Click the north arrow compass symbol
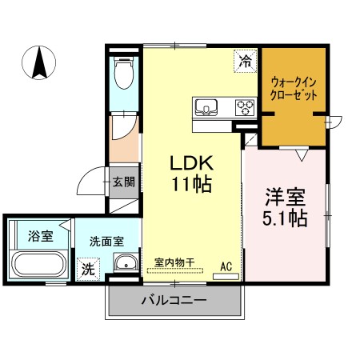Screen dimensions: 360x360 click(x=39, y=63)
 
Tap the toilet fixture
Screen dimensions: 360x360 click(x=123, y=73)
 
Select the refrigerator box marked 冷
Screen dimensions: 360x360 click(x=245, y=61)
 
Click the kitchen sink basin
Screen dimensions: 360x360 click(x=206, y=107)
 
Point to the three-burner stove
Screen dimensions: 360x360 click(x=246, y=107)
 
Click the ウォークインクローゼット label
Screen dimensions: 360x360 click(x=294, y=89)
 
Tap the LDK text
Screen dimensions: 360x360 click(x=192, y=163)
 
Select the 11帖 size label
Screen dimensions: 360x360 click(x=192, y=184)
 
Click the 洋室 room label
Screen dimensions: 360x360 click(x=285, y=197)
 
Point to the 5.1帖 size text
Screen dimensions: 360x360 click(x=285, y=218)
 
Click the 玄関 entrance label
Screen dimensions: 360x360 click(x=123, y=182)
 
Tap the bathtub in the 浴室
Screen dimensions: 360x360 click(x=39, y=265)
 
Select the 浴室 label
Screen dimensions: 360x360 click(x=41, y=236)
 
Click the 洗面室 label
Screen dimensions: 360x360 click(x=106, y=242)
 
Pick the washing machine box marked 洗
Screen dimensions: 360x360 click(x=88, y=269)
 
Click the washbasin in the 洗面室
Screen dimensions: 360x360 click(x=126, y=262)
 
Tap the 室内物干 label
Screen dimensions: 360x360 click(x=174, y=263)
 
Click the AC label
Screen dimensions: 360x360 click(x=226, y=266)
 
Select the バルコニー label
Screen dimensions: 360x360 click(x=174, y=301)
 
